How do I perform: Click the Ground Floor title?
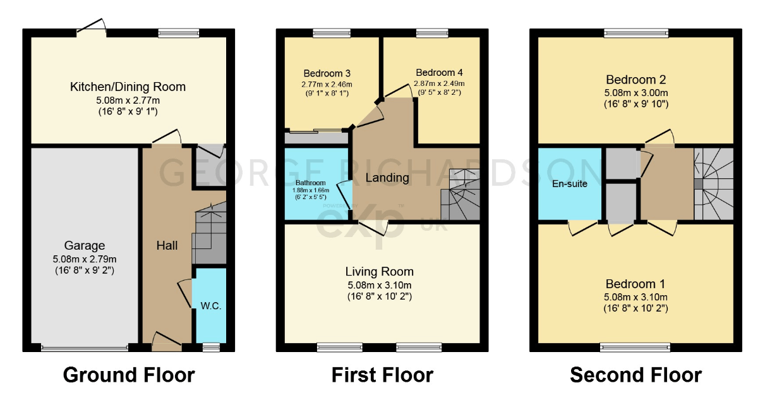point(129,375)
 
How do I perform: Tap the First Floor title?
point(382,375)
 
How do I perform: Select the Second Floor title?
point(635,375)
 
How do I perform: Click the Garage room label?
point(85,246)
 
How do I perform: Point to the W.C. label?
point(210,306)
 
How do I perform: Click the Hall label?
point(167,245)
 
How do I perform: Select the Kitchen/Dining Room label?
point(128,87)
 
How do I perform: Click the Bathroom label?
point(310,183)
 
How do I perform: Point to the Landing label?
point(387,178)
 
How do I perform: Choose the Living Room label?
point(380,272)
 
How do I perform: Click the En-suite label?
point(570,184)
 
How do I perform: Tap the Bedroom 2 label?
point(635,80)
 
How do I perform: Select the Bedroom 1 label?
point(635,284)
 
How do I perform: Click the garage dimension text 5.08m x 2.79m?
point(85,259)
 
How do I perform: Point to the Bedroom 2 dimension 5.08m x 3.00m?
point(635,92)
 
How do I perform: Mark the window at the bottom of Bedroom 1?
point(634,346)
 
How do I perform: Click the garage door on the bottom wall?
point(84,347)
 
